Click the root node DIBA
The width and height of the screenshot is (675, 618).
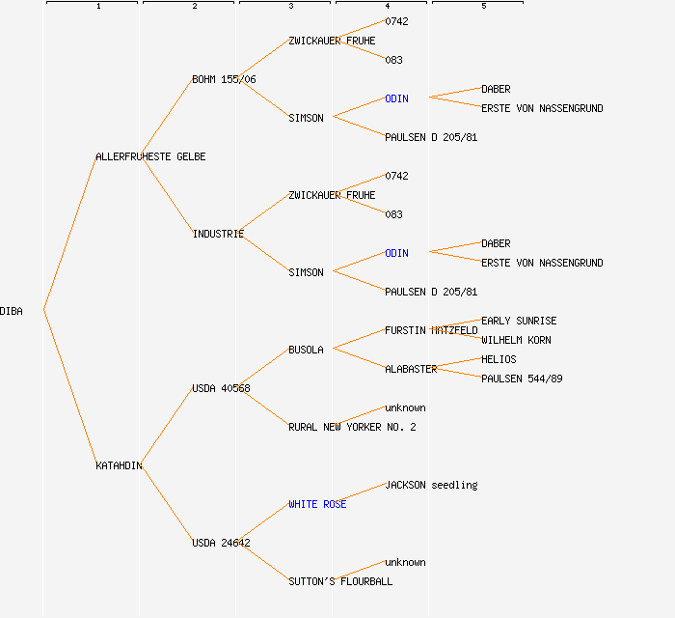tap(12, 311)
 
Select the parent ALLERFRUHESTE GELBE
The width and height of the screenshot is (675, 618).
tap(150, 156)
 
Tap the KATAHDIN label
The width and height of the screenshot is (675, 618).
tap(119, 465)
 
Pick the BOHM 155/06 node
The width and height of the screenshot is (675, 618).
tap(224, 79)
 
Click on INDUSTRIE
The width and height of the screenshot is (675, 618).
tap(218, 234)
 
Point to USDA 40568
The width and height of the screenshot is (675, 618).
tap(221, 388)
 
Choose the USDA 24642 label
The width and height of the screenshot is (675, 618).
tap(221, 543)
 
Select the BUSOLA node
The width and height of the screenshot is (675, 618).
tap(306, 350)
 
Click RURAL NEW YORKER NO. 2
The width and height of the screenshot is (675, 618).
tap(352, 427)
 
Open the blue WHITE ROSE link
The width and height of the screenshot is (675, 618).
tap(317, 504)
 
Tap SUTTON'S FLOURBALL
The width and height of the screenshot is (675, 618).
tap(340, 581)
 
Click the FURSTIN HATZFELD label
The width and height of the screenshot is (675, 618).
tap(431, 330)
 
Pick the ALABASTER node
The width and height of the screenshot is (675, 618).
tap(411, 369)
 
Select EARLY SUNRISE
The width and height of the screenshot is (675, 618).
tap(519, 321)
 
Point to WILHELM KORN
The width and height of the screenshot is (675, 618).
tap(516, 340)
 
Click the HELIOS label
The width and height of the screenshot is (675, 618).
tap(499, 359)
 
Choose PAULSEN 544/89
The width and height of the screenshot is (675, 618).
tap(522, 379)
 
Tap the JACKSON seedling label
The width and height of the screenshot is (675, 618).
tap(431, 485)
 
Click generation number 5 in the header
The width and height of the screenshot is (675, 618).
tap(484, 7)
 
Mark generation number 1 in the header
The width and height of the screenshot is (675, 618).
tap(98, 7)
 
